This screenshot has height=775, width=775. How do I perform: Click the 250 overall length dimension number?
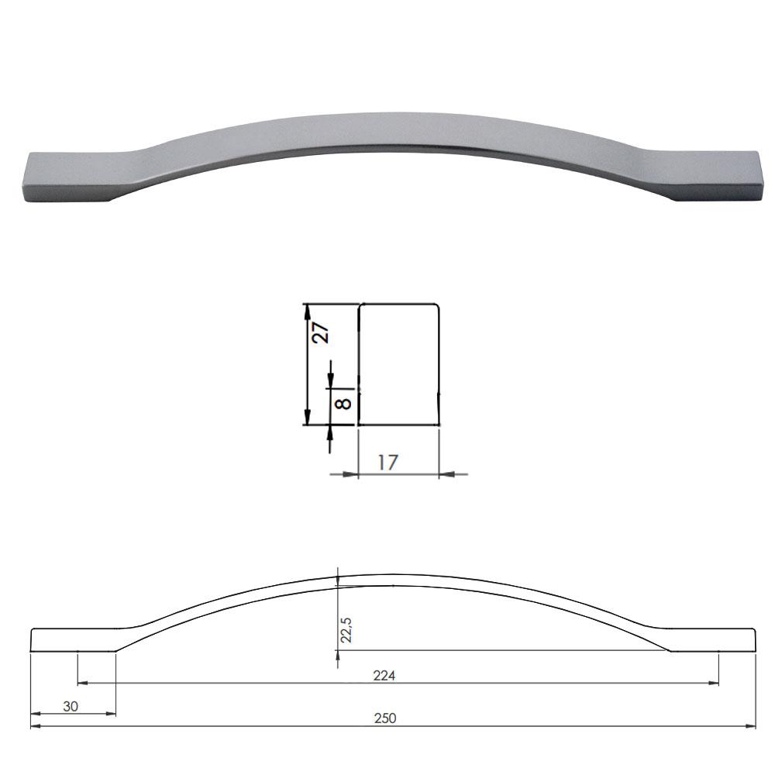coord(385,718)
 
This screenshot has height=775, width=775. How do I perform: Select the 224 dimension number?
coord(384,675)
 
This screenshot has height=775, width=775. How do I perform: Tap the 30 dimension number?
coord(71,706)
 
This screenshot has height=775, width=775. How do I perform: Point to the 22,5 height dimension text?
coord(346,629)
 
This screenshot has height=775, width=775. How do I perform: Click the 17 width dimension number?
coord(387,463)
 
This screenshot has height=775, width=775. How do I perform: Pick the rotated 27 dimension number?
coord(320,332)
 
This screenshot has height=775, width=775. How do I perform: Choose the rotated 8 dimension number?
coord(343,403)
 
